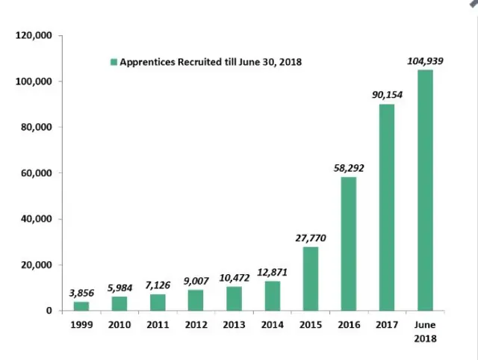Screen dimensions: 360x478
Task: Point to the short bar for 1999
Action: pos(81,306)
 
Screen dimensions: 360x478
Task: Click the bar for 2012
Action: pos(196,300)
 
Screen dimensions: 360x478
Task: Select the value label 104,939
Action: pos(426,61)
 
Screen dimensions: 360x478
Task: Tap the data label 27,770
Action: pos(311,238)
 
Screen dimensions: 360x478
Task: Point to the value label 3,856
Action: pos(81,294)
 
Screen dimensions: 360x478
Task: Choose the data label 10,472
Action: pos(234,278)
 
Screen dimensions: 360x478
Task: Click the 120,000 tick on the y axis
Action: pos(33,35)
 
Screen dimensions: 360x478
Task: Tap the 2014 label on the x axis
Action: pos(272,325)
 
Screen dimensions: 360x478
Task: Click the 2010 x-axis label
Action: pos(119,325)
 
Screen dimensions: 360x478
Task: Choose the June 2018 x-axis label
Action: pos(425,331)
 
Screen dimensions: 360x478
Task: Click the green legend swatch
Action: pos(114,62)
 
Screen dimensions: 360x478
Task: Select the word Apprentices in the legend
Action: pos(146,62)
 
